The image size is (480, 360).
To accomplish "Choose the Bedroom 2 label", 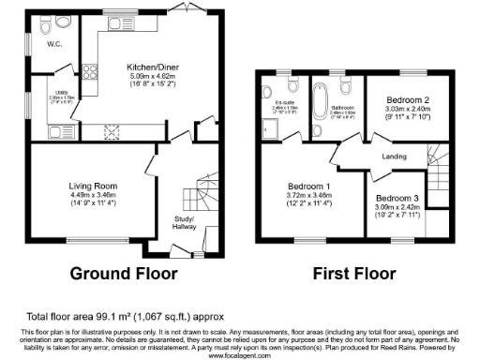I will (404, 99).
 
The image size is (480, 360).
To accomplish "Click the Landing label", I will (396, 157).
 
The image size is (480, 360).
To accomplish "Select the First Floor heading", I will (352, 276).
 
